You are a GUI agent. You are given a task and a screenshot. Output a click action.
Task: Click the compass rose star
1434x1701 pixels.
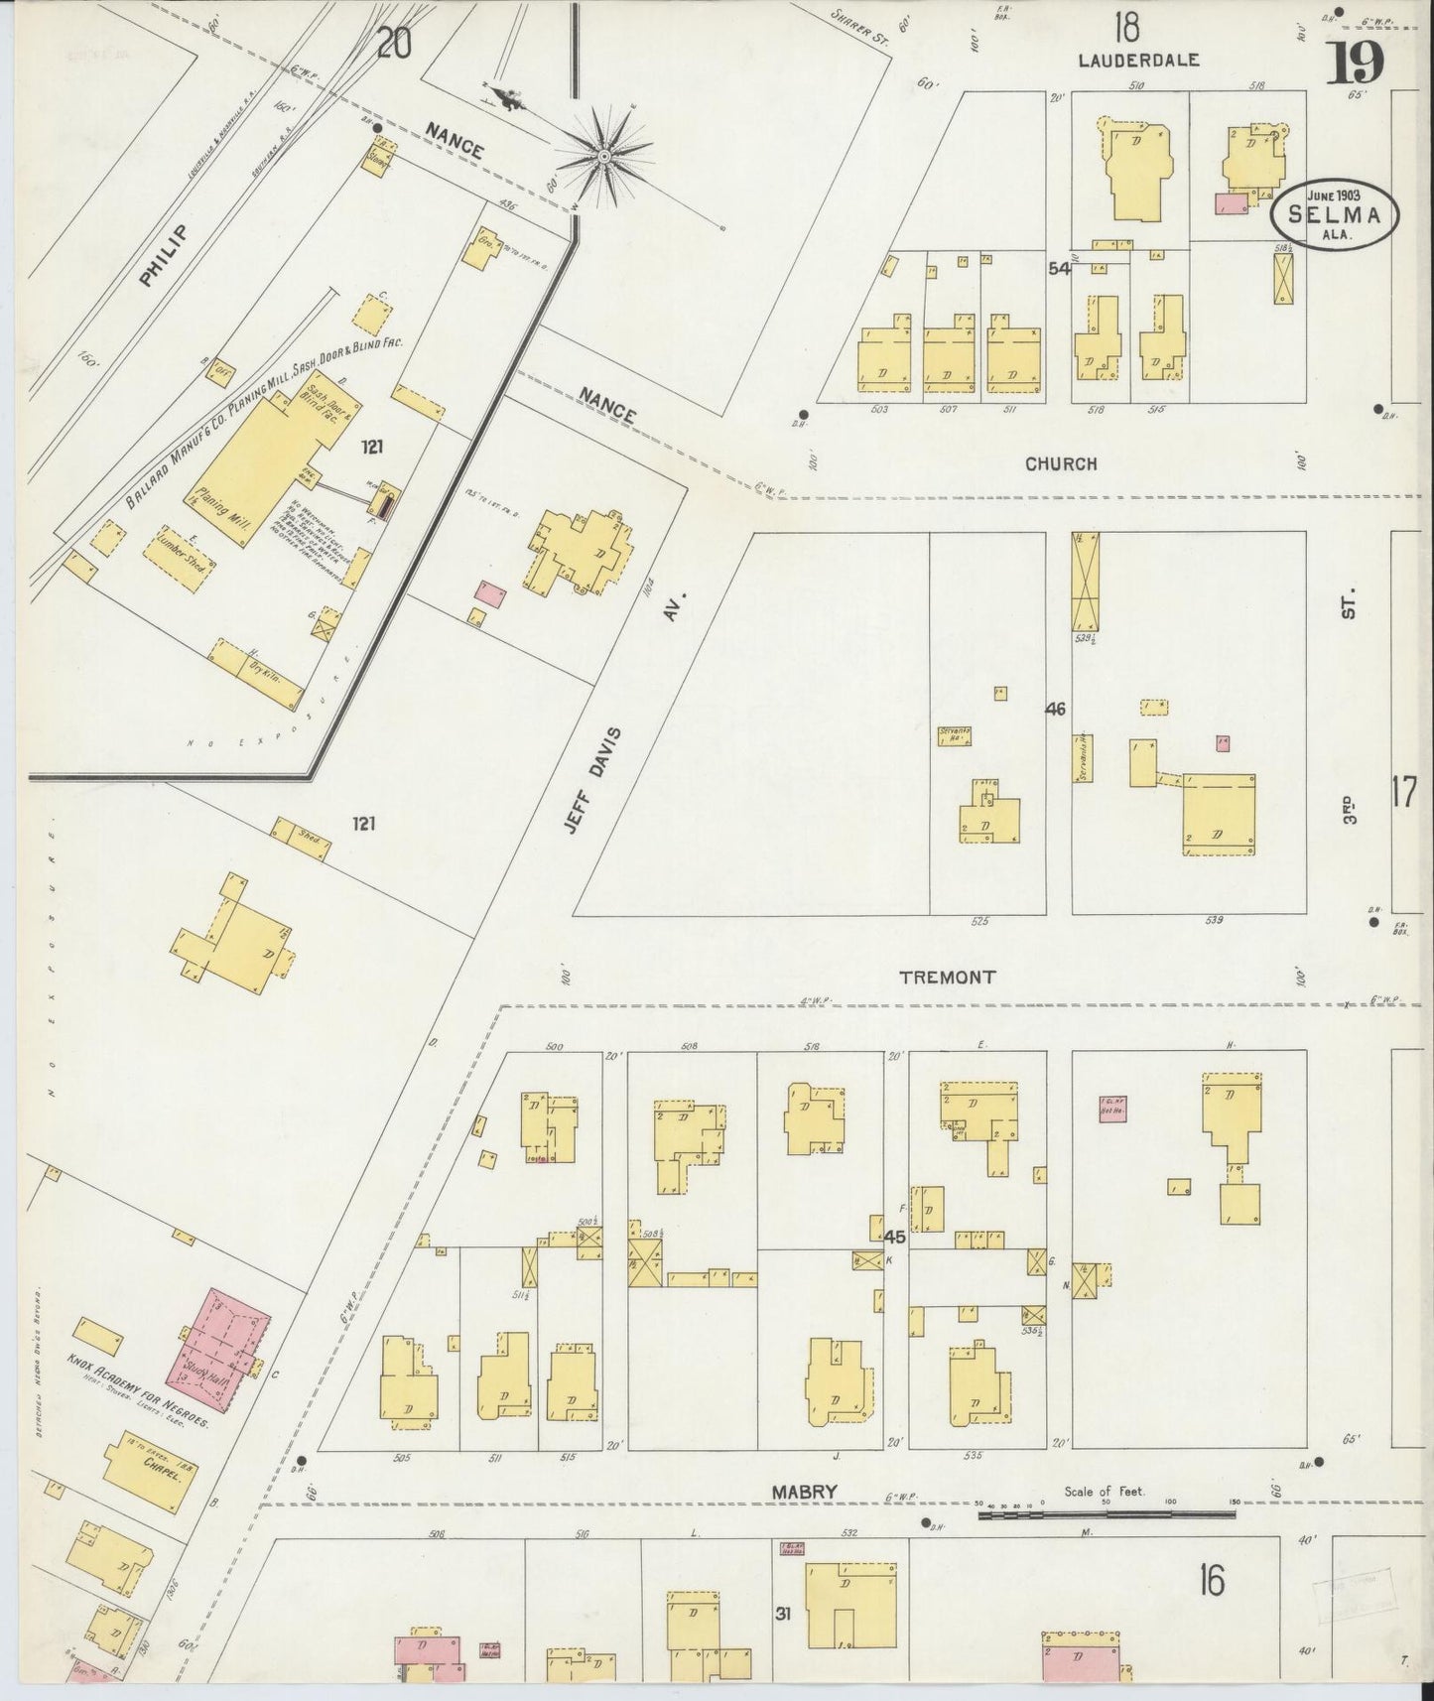click(x=603, y=157)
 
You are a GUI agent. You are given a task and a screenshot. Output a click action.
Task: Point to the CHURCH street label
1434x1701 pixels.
click(x=1061, y=463)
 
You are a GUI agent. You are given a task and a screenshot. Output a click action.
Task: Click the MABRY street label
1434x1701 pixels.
click(x=806, y=1492)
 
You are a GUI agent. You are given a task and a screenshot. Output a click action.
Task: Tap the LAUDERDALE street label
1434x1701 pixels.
click(x=1139, y=61)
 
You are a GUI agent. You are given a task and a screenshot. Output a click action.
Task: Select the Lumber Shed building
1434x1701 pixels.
click(x=177, y=563)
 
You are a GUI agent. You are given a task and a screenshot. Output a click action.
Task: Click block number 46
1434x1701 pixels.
click(x=1055, y=709)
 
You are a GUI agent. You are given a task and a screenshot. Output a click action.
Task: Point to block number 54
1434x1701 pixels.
click(x=1059, y=268)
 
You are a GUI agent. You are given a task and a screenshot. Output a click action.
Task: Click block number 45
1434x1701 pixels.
click(x=895, y=1238)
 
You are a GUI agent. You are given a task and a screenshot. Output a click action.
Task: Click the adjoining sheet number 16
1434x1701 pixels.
click(x=1211, y=1579)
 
